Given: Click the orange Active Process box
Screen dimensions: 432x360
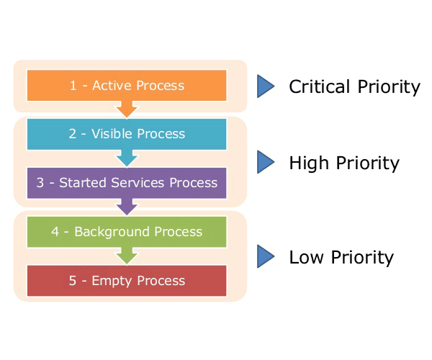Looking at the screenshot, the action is point(127,86).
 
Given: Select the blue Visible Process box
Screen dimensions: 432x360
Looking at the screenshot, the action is point(127,134).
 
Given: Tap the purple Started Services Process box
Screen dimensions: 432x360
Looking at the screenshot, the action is point(127,183).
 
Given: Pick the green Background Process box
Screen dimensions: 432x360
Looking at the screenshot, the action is point(127,232).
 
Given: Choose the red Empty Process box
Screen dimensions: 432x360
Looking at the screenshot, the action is point(127,281).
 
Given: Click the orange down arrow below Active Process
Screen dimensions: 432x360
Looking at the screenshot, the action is point(127,109).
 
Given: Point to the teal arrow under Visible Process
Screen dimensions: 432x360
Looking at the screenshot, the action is point(127,158).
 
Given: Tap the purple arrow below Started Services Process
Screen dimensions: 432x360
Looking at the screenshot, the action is point(127,207).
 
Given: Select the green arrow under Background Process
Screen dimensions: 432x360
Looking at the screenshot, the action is point(127,256).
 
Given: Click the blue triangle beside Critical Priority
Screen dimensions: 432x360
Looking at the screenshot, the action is point(265,86).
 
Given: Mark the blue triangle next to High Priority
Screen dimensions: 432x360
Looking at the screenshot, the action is point(265,162).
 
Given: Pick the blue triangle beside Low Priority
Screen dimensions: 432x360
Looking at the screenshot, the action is point(265,256).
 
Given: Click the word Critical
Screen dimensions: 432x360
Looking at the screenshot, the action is point(320,86).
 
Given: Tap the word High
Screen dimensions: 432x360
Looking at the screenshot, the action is point(309,163).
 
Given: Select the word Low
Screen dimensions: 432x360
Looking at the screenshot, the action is point(307,257).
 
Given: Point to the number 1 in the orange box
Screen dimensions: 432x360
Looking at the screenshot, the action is point(73,86).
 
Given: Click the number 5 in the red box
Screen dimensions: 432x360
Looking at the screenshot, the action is point(73,281).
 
